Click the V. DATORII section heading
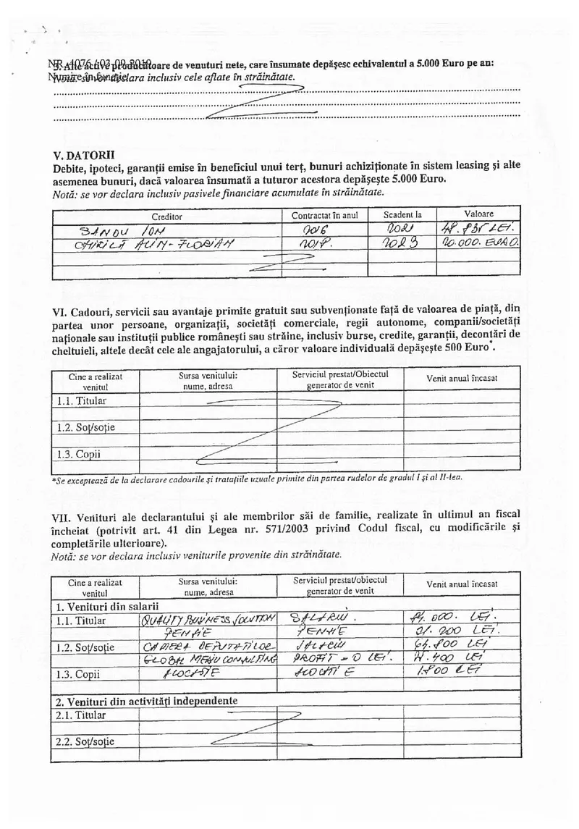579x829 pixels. (x=83, y=155)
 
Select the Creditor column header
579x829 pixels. (x=167, y=216)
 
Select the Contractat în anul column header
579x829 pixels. (x=324, y=216)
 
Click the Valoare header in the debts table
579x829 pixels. (x=478, y=214)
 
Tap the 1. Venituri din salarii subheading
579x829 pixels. (x=107, y=606)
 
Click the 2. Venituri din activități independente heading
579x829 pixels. (x=147, y=700)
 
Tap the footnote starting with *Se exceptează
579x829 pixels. (x=258, y=478)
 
